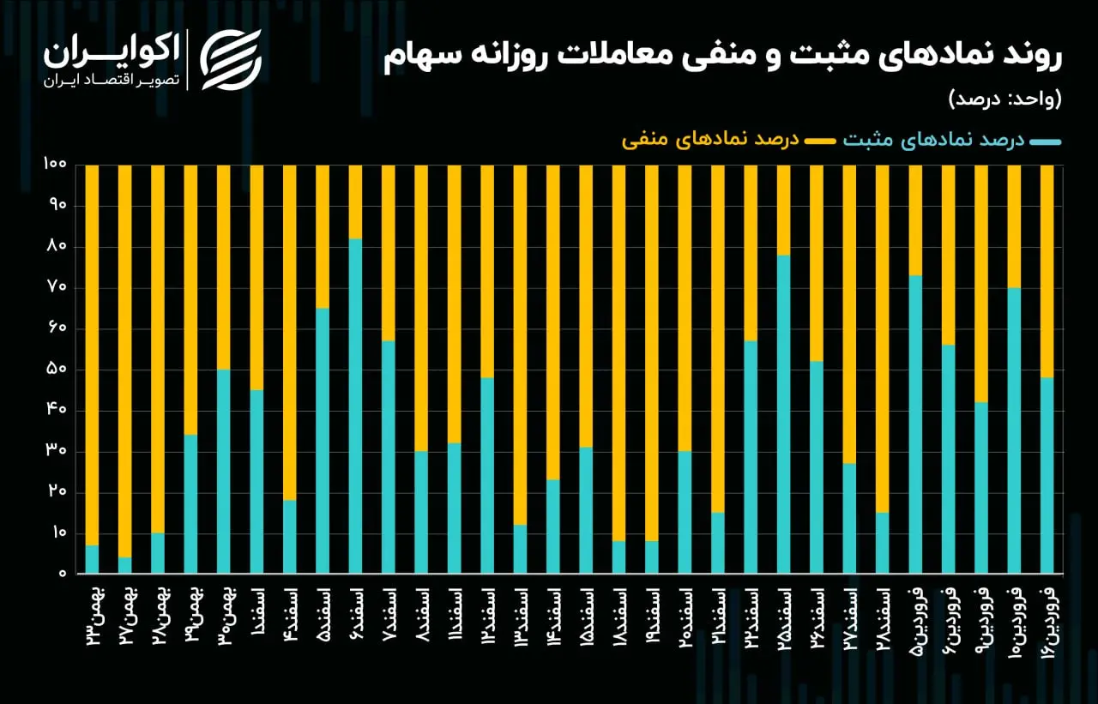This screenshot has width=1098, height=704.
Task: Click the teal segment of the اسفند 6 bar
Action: tap(355, 406)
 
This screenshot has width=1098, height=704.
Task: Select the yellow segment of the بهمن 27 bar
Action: tap(125, 361)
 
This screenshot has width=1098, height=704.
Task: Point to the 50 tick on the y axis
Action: tap(57, 370)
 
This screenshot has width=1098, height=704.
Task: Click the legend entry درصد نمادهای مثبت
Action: tap(952, 141)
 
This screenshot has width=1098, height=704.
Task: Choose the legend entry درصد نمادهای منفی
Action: tap(729, 141)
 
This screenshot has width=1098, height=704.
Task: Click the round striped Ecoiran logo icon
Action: tap(231, 60)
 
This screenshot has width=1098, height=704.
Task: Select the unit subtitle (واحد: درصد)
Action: tap(1005, 99)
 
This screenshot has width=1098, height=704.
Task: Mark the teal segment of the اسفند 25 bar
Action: tap(784, 414)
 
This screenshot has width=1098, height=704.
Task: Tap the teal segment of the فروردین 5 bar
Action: tap(915, 424)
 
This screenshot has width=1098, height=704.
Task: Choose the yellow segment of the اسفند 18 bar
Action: tap(619, 352)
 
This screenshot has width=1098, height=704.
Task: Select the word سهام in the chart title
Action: tap(416, 57)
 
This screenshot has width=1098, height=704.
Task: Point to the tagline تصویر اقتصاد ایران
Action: tap(112, 81)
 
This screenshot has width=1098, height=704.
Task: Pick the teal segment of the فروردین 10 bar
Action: tap(1014, 430)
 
